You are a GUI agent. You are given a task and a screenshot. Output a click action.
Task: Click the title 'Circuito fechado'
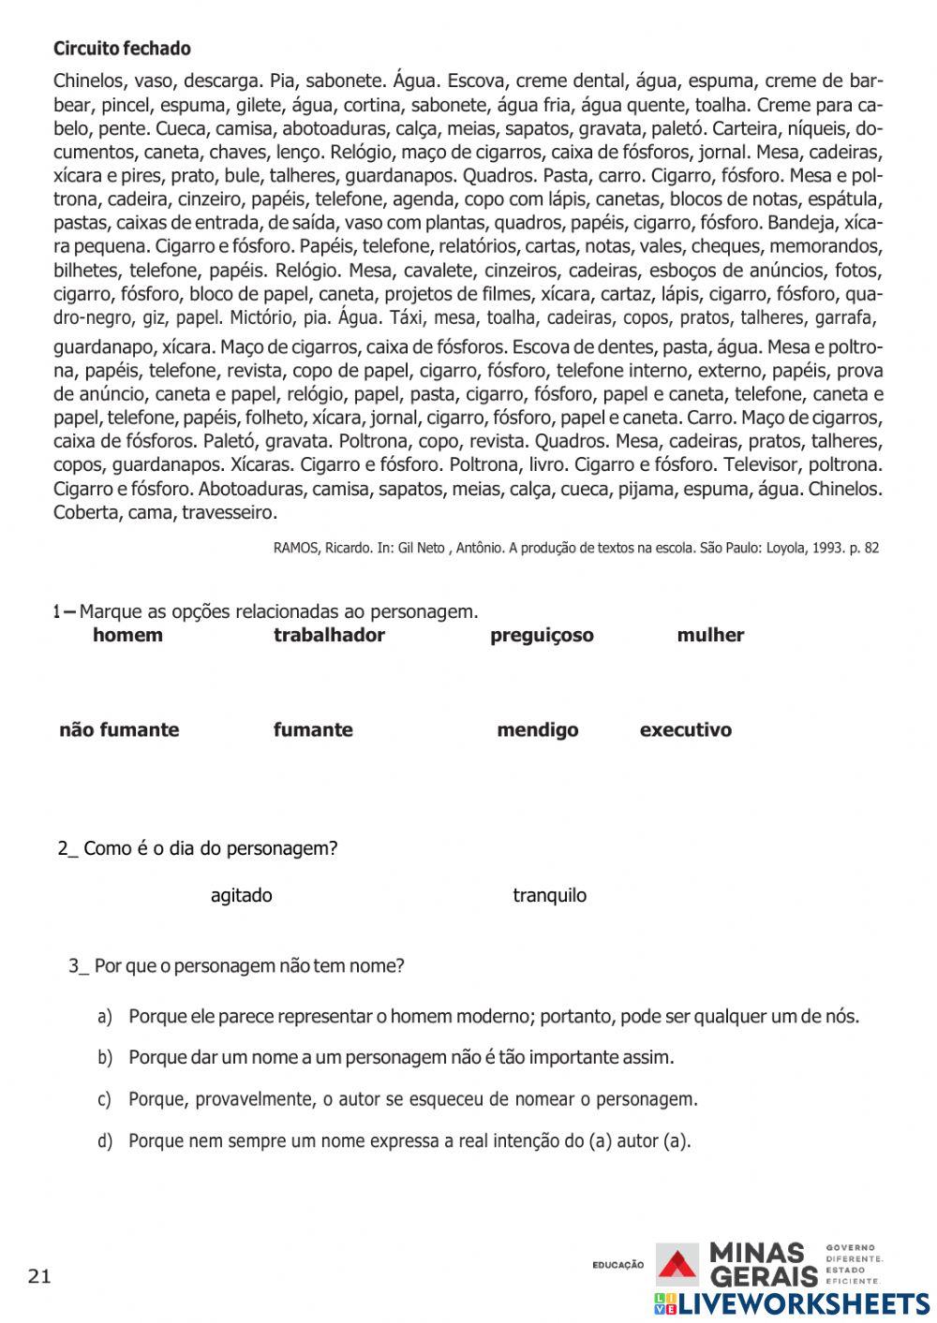coord(122,49)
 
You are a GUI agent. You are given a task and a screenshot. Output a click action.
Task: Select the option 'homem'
coord(127,635)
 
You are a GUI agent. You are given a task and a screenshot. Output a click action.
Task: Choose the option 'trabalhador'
coord(329,635)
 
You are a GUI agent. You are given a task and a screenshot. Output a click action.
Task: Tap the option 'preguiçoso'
coord(542,636)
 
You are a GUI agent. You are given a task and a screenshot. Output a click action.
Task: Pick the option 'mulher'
coord(710,635)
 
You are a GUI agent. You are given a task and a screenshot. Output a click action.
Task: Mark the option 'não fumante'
coord(119,729)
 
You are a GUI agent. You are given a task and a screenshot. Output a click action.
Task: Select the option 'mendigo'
coord(537,729)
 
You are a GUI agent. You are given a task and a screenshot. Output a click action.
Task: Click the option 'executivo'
coord(685,729)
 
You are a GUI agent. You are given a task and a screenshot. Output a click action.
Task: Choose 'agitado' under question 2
coord(242,895)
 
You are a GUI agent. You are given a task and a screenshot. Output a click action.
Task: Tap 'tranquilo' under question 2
coord(549,895)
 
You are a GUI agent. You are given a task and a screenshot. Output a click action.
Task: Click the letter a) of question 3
coord(105,1017)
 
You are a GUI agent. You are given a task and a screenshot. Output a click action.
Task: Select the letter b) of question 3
coord(105,1058)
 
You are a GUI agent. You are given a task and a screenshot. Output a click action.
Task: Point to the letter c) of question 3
coord(105,1099)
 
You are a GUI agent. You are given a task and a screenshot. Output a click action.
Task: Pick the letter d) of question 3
coord(105,1140)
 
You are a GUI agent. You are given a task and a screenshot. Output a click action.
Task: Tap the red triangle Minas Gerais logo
coord(677,1264)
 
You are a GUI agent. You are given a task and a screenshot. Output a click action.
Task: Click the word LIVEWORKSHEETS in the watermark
coord(804,1304)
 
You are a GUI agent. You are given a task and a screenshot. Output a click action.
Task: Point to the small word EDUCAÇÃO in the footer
coord(617,1265)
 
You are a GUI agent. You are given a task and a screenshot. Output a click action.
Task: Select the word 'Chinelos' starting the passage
coord(89,81)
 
